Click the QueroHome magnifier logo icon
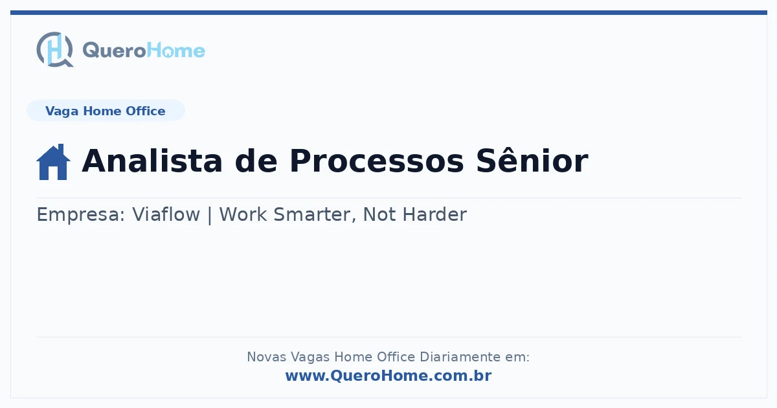pos(55,49)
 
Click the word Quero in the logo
pos(115,51)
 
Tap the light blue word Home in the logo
pos(176,50)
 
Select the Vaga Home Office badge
pos(106,111)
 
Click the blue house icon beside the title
pos(53,162)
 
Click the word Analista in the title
pos(152,161)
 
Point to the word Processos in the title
pos(376,161)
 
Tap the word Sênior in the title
pos(532,160)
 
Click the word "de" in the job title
pos(256,161)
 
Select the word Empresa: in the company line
pos(81,215)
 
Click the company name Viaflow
pos(166,214)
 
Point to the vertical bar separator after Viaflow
pos(210,215)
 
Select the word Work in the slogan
pos(243,214)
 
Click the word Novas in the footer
pos(266,357)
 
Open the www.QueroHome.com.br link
pos(388,376)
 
